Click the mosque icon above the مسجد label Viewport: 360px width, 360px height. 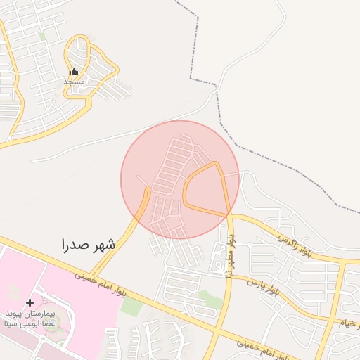tap(74, 71)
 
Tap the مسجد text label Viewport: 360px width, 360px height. tap(74, 82)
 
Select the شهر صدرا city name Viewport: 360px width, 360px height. tap(88, 245)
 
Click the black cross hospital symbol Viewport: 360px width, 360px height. tap(30, 302)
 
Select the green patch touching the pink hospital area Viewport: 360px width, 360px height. tap(131, 306)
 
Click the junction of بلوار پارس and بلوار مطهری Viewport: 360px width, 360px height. tap(224, 276)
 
